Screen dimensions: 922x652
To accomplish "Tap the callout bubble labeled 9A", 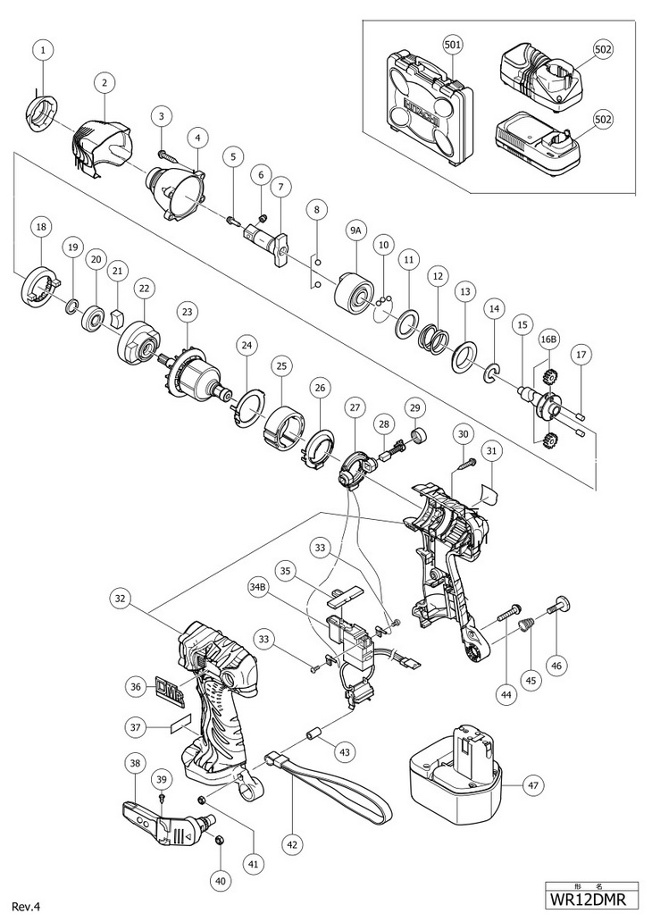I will click(x=355, y=231).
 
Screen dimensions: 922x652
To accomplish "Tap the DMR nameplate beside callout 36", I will click(x=179, y=688).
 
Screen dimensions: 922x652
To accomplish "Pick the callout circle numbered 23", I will click(x=187, y=313).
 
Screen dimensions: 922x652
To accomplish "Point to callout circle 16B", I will click(x=549, y=340).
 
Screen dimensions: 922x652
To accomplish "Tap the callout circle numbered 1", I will click(x=41, y=51).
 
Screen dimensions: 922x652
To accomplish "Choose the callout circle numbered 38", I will click(x=135, y=764).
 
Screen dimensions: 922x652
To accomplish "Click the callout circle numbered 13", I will click(x=464, y=292).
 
